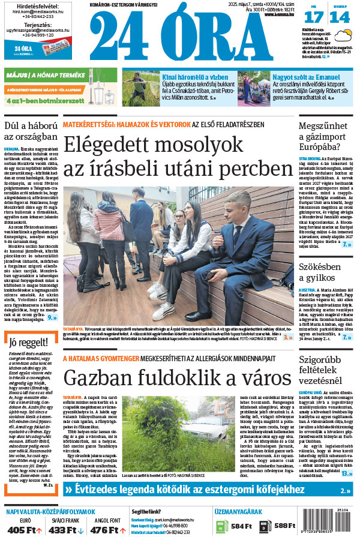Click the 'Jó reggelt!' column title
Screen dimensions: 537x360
[x=28, y=343]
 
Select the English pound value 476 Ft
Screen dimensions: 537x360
[x=105, y=530]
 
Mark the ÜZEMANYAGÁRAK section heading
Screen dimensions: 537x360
[x=238, y=512]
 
